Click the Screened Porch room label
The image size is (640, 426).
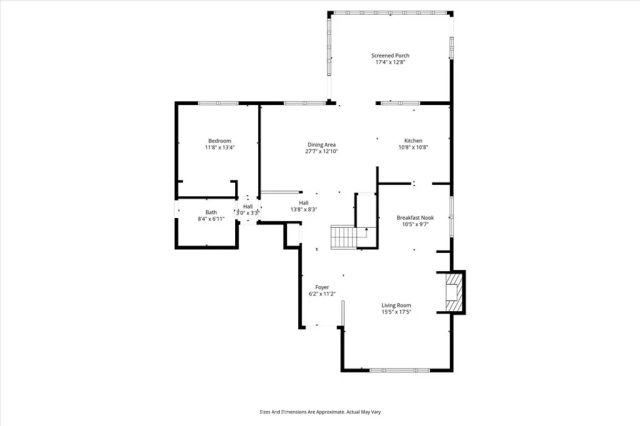391,55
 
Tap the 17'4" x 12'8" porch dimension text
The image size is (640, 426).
391,63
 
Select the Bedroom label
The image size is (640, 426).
219,140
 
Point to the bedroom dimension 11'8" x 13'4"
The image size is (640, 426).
219,148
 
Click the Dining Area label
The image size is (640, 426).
321,144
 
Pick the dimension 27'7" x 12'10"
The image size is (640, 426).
321,152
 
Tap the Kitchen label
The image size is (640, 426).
414,140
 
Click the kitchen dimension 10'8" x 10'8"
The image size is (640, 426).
414,148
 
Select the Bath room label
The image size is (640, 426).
211,212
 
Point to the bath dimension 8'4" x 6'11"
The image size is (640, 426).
211,219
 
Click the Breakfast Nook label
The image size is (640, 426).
414,217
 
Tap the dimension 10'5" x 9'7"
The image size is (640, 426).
414,225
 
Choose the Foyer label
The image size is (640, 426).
322,287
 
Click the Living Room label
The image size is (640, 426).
396,305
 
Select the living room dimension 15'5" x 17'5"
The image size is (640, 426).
396,313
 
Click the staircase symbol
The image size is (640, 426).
345,237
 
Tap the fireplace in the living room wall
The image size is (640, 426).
455,291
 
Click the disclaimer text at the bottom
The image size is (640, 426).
320,411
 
